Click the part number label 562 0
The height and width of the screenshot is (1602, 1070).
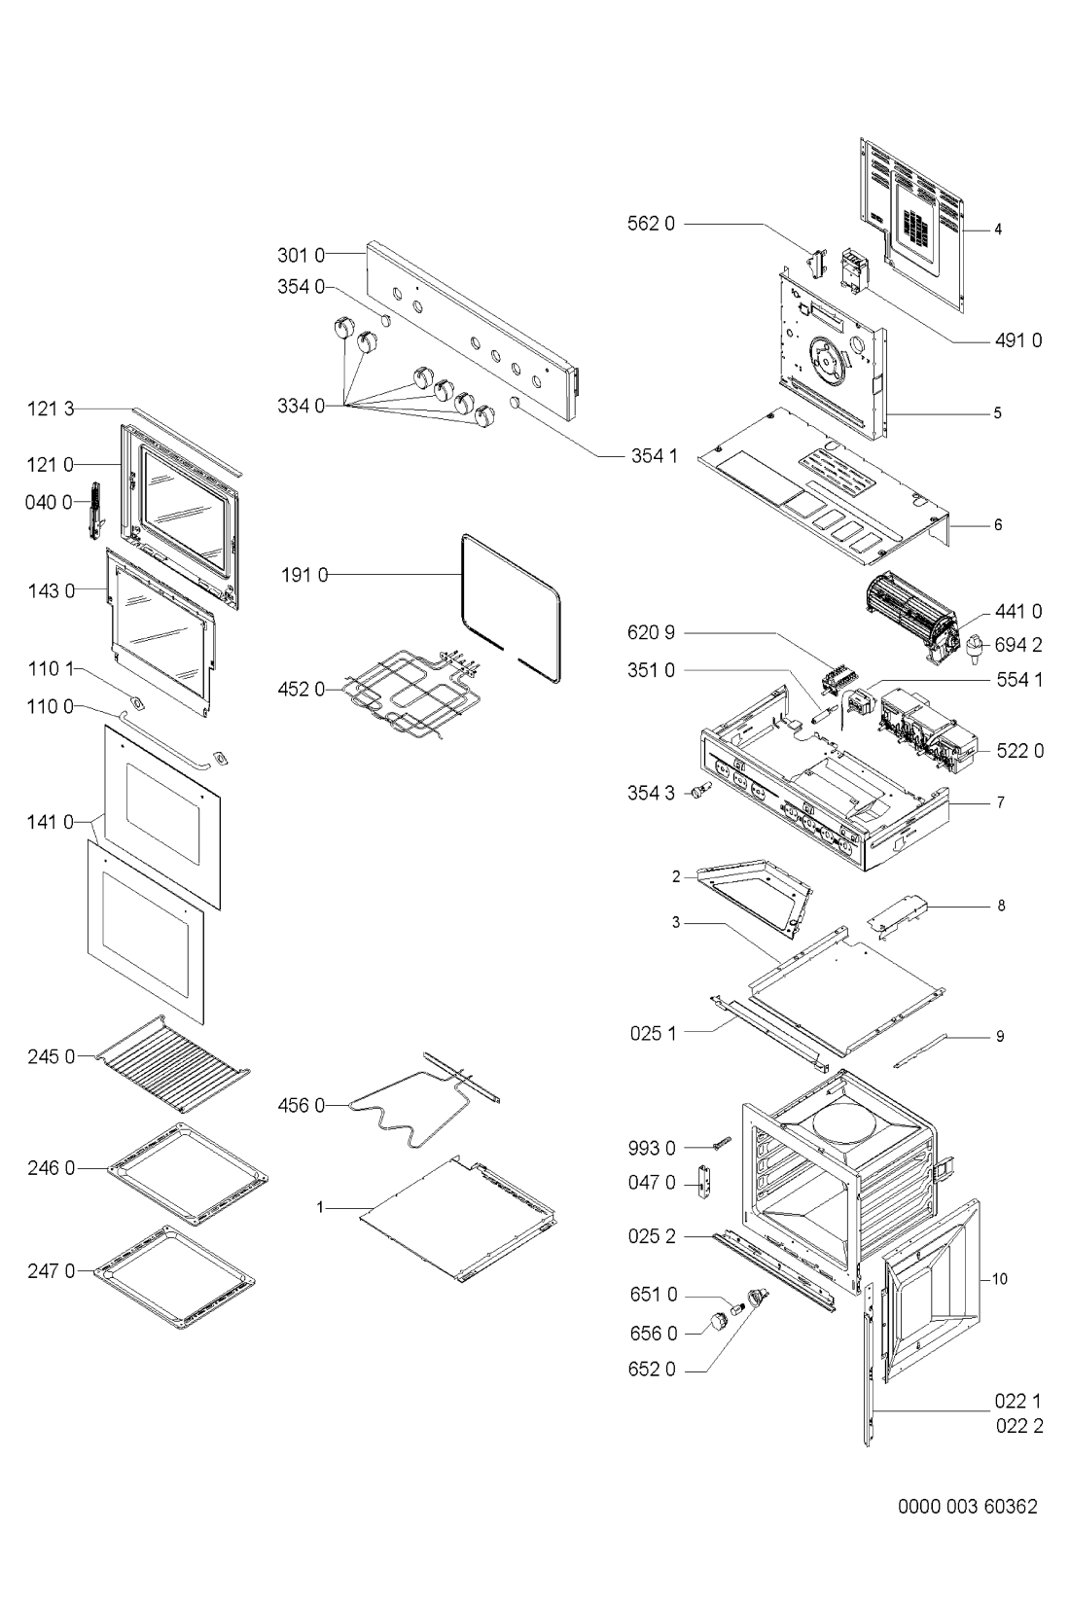pyautogui.click(x=651, y=224)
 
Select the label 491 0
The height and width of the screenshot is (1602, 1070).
pyautogui.click(x=1018, y=341)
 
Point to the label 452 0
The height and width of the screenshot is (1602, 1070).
pyautogui.click(x=302, y=690)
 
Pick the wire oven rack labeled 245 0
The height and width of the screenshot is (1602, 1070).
pyautogui.click(x=174, y=1064)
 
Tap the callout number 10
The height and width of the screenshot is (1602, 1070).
pyautogui.click(x=1000, y=1279)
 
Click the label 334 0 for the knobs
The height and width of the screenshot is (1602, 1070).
pyautogui.click(x=302, y=407)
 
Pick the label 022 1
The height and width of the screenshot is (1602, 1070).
pyautogui.click(x=1018, y=1401)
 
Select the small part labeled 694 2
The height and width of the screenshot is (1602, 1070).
pyautogui.click(x=974, y=647)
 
